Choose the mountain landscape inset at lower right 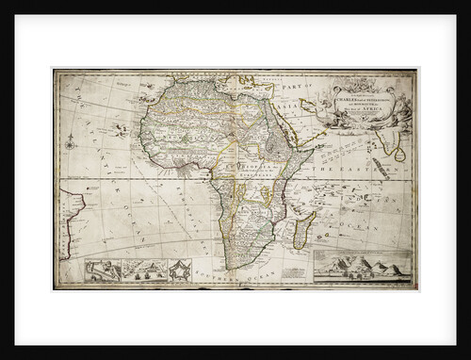point(362,268)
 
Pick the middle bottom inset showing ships point(142,270)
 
